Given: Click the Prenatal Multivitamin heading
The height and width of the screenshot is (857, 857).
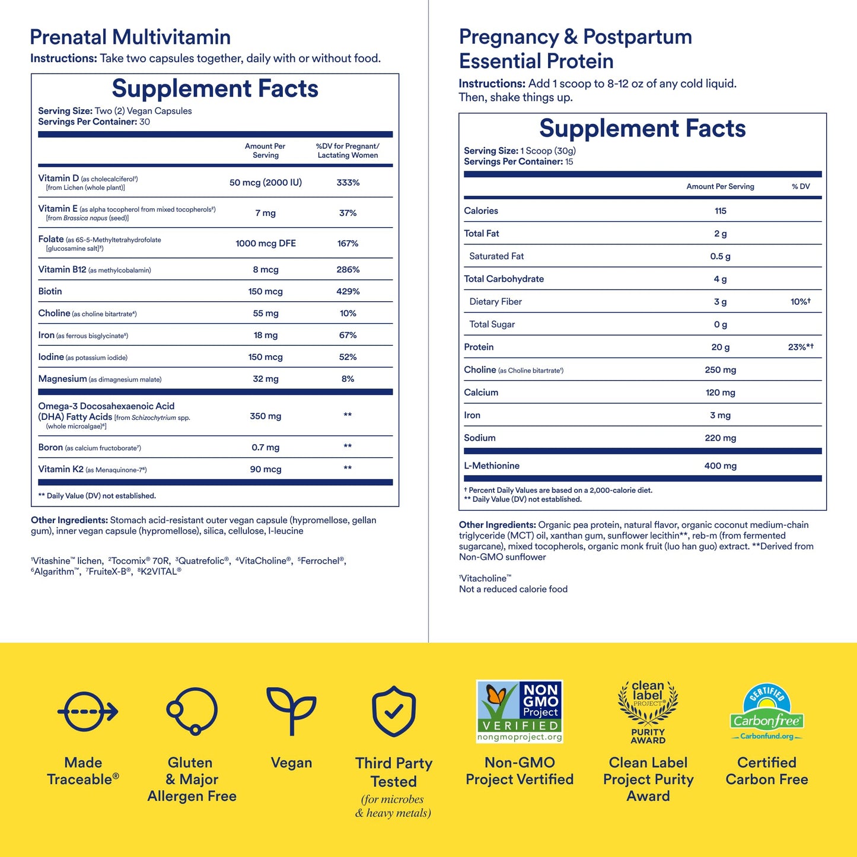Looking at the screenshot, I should (x=130, y=37).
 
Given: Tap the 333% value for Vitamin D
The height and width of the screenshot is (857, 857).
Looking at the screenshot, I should (x=348, y=183).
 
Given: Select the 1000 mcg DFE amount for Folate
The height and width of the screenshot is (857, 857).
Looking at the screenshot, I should (x=266, y=243).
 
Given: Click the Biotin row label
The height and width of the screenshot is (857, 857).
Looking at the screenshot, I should (x=50, y=291).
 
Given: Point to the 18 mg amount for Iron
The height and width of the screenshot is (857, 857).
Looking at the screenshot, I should (x=266, y=335).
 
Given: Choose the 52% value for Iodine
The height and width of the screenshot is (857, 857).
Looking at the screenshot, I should (x=348, y=357).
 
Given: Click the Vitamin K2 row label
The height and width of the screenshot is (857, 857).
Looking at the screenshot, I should (x=61, y=469).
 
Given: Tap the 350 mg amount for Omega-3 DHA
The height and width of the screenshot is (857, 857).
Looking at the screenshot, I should (x=266, y=416).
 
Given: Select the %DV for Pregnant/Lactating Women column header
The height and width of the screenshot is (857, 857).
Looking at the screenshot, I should (x=348, y=151).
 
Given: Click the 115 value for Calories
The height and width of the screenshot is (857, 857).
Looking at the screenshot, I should (x=721, y=211).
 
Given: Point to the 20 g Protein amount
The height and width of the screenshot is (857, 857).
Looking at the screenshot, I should (x=721, y=347).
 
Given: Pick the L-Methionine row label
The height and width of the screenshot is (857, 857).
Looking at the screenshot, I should (x=492, y=466).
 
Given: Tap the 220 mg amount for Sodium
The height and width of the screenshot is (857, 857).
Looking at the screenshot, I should (x=721, y=438).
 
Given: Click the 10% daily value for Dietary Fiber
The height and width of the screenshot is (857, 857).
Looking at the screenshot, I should (x=800, y=302).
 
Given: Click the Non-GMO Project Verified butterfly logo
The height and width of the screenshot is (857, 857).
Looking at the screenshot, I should (x=520, y=711).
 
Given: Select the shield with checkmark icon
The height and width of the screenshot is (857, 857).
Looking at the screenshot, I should (x=394, y=711).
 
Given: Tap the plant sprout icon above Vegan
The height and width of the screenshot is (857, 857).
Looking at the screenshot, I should (x=291, y=711).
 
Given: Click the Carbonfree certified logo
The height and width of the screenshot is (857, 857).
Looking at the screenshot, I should (x=766, y=712).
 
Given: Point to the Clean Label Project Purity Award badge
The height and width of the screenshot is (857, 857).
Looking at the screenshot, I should (x=648, y=712).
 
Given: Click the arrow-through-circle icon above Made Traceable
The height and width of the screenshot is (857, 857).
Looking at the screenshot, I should (x=88, y=711).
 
